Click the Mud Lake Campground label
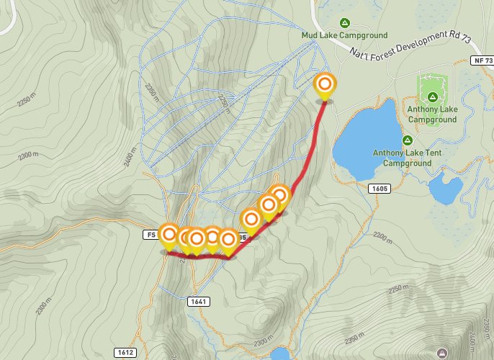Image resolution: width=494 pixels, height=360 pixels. coord(344,35)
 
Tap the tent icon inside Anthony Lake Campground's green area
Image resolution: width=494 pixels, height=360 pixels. coord(433,96)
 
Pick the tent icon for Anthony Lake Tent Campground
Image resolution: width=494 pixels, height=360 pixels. coord(407,140)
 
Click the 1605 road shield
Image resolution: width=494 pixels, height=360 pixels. coord(381,188)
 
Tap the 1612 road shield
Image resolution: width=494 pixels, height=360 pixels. coord(124,352)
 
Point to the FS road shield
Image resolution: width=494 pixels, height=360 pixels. coord(150,234)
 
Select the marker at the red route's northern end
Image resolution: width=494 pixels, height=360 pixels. coord(325,86)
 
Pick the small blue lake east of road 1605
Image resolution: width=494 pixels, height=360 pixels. coord(444,188)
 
